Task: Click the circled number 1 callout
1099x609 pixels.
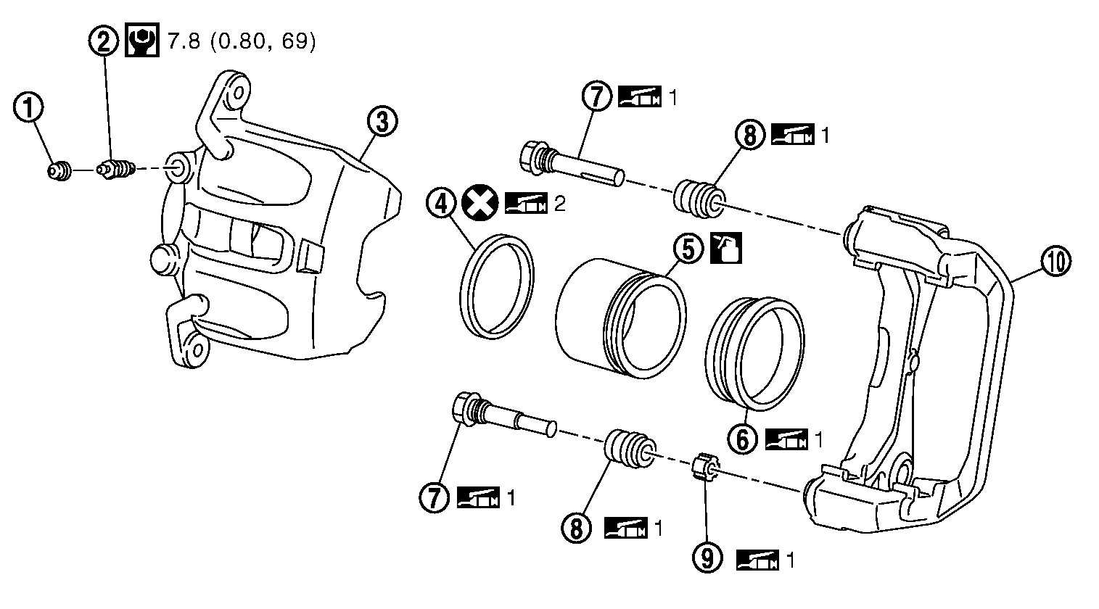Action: click(x=28, y=108)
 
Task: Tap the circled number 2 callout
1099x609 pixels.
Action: click(x=104, y=40)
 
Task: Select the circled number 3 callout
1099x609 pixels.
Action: click(x=382, y=121)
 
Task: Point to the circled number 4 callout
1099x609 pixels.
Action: click(x=442, y=204)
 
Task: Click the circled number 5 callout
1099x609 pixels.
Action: click(x=689, y=248)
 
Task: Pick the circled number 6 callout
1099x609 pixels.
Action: click(x=743, y=439)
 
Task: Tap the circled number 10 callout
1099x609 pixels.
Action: click(x=1055, y=261)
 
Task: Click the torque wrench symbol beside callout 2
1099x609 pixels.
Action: click(x=141, y=40)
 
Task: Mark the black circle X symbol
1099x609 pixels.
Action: click(x=479, y=203)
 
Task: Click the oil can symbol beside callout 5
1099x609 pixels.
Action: click(x=727, y=248)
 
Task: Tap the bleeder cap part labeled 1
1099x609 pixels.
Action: click(x=59, y=171)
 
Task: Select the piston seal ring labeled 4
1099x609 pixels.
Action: click(x=496, y=287)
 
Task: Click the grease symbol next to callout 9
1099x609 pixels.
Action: click(x=757, y=560)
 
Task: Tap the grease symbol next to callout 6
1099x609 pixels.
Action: click(x=786, y=439)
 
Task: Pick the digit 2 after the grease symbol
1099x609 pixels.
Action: click(x=559, y=204)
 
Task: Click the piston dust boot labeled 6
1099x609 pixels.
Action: click(x=754, y=354)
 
